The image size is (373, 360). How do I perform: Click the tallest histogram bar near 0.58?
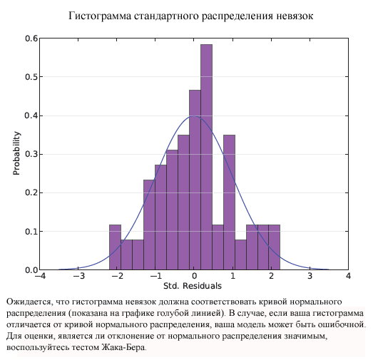206,157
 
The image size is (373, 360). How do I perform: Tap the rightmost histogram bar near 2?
274,247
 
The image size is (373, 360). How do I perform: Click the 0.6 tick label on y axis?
31,38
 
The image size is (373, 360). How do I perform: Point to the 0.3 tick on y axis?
31,155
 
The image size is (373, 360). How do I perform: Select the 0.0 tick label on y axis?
31,270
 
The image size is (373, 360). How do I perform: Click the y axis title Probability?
16,154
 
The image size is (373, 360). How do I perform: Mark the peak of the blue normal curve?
193,117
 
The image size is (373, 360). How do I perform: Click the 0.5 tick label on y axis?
31,77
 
